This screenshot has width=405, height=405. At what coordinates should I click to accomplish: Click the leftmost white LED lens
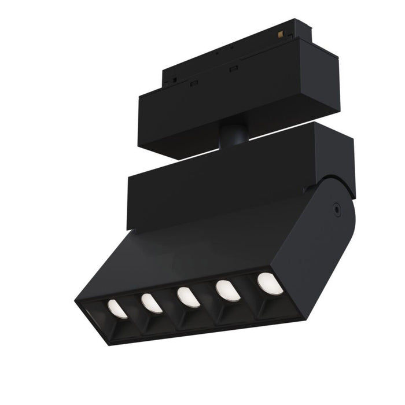point(117,309)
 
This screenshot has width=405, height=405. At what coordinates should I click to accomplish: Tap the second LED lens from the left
point(152,303)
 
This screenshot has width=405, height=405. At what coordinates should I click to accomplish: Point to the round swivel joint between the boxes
point(233,136)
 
